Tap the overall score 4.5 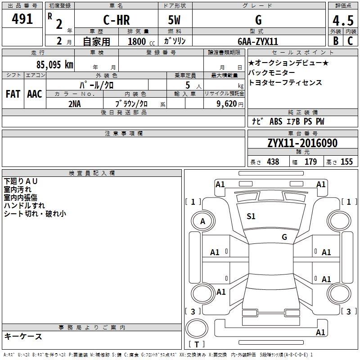[x=342, y=20]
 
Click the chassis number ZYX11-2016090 [x=302, y=144]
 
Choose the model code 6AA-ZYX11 [x=258, y=41]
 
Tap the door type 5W [x=175, y=20]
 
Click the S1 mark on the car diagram [x=251, y=216]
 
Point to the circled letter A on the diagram [x=202, y=221]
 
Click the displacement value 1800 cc [x=139, y=41]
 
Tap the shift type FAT [x=13, y=94]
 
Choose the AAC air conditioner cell [x=34, y=94]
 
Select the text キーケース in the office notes [x=23, y=337]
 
